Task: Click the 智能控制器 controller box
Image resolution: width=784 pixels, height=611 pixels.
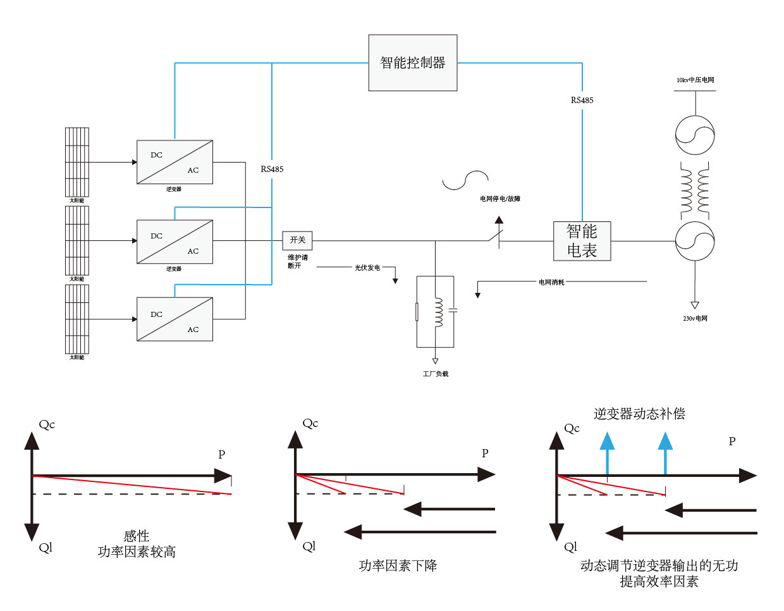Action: click(412, 63)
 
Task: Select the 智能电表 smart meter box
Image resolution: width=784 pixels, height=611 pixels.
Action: click(582, 241)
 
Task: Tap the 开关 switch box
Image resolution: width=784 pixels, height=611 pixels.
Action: click(297, 240)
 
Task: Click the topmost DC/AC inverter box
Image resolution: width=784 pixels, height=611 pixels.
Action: click(175, 163)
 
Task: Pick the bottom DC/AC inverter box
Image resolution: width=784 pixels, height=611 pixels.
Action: click(175, 319)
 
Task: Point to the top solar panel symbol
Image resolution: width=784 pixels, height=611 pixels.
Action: click(77, 162)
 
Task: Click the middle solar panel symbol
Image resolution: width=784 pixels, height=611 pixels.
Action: click(77, 240)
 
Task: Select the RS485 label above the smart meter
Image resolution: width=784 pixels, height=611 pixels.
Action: click(582, 100)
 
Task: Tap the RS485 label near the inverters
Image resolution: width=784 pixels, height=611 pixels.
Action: click(272, 169)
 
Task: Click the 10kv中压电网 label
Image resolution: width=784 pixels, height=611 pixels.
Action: click(695, 80)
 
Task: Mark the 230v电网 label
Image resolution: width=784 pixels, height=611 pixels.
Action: click(695, 319)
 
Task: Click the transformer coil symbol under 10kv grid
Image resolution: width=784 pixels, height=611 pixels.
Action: click(695, 189)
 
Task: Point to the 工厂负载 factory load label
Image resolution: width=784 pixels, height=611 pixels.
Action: click(435, 374)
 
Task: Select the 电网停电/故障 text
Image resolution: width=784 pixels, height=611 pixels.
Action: click(499, 199)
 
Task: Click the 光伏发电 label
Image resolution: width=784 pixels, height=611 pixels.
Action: click(367, 268)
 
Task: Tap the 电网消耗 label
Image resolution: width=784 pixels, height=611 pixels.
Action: click(551, 282)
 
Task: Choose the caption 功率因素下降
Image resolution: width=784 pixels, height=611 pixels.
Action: click(398, 565)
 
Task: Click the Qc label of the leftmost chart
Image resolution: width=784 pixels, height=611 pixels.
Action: click(47, 424)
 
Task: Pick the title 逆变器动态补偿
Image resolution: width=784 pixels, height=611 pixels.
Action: click(639, 414)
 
